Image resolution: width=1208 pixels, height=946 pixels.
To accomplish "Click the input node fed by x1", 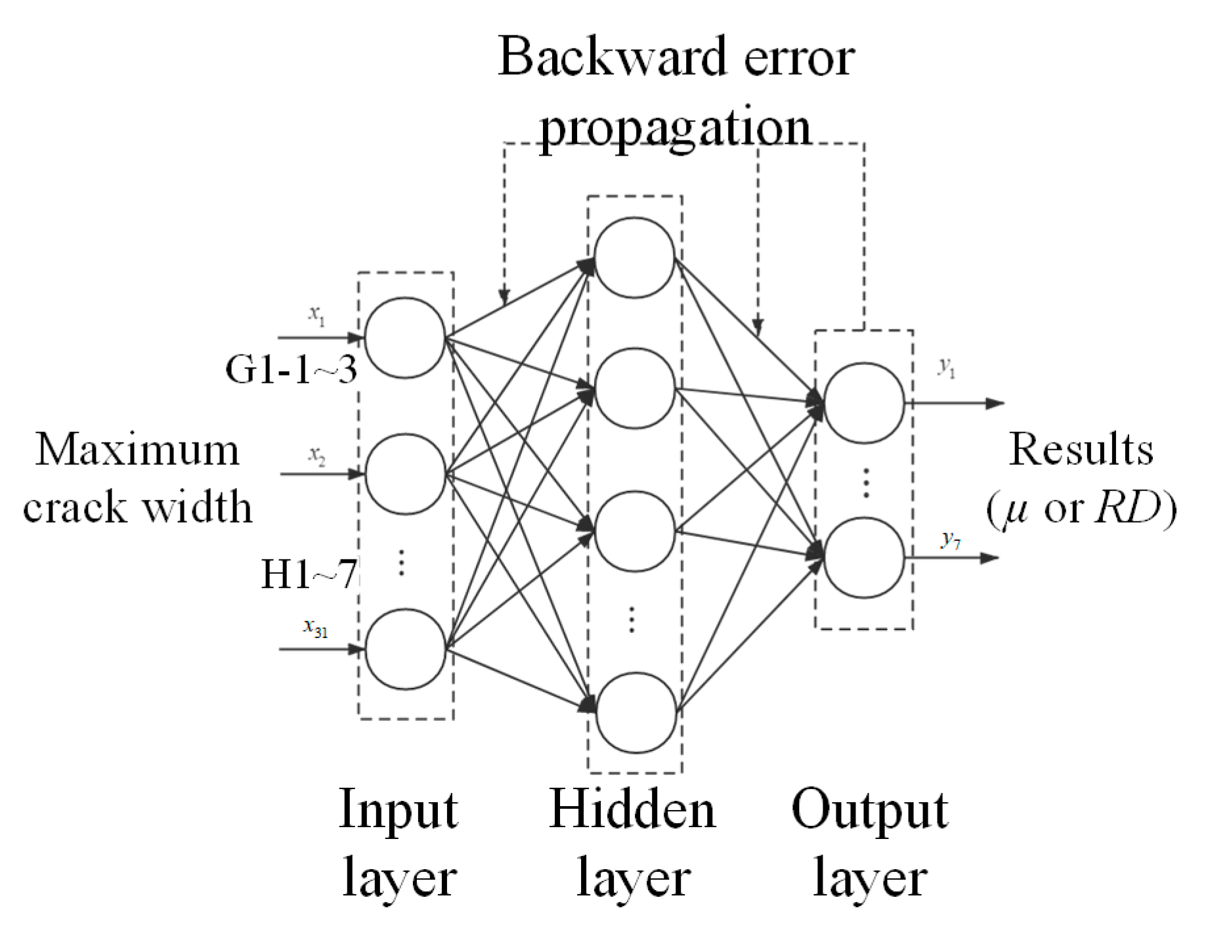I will tap(405, 337).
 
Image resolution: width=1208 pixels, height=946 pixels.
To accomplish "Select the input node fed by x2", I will tap(405, 473).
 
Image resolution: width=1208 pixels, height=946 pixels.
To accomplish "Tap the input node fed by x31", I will tap(405, 649).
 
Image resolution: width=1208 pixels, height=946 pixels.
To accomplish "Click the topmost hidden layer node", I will tap(634, 257).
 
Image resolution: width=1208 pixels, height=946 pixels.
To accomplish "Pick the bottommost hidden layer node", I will tap(636, 712).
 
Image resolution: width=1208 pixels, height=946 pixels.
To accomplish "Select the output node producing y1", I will tap(863, 402).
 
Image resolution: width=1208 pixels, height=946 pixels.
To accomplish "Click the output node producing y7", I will tap(863, 558).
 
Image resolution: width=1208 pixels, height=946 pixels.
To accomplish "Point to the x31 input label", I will tap(315, 628).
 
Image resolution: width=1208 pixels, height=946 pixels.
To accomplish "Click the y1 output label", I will tap(946, 367).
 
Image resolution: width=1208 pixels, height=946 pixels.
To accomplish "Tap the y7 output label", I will tap(950, 540).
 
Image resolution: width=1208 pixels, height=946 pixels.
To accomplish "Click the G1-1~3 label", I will tap(291, 369).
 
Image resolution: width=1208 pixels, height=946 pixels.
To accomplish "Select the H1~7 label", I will tap(309, 574).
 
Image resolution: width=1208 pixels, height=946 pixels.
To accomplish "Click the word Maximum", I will tap(137, 450).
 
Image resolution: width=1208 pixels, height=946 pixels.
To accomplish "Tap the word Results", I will tap(1081, 450).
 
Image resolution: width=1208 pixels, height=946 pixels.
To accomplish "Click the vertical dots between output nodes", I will tap(866, 483).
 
